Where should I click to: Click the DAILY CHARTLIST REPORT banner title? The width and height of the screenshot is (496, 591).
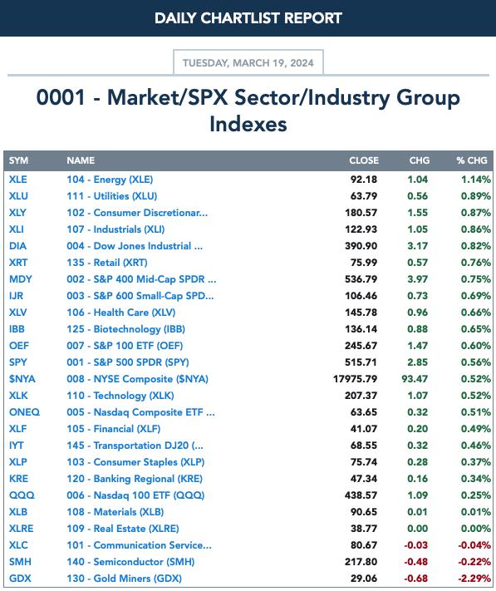click(x=248, y=18)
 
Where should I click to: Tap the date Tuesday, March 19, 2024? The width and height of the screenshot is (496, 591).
click(x=248, y=62)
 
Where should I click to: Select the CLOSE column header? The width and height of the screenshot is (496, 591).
click(x=364, y=160)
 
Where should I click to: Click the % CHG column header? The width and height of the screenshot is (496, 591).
click(x=472, y=160)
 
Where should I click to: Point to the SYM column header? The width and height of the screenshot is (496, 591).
click(x=18, y=160)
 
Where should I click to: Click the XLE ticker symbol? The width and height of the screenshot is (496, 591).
click(x=18, y=180)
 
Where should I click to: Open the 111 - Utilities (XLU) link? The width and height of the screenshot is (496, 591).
click(x=112, y=196)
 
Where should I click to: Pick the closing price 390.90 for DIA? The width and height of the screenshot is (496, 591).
click(x=361, y=246)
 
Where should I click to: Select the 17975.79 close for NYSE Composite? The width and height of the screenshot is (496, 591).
click(x=355, y=379)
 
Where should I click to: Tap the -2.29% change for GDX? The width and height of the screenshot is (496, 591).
click(x=474, y=579)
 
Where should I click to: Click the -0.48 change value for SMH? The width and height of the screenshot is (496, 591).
click(x=415, y=562)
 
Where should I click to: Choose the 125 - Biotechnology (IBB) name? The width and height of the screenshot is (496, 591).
click(x=125, y=329)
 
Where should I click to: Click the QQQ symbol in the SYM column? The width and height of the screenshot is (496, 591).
click(x=22, y=495)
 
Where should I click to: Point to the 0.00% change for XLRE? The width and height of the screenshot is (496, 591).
click(x=476, y=529)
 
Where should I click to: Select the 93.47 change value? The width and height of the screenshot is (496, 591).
click(x=415, y=379)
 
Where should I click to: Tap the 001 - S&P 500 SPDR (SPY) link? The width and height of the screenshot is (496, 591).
click(x=128, y=362)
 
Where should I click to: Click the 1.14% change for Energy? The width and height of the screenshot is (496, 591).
click(x=476, y=180)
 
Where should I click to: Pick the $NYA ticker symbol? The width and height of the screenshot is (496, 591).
click(x=22, y=379)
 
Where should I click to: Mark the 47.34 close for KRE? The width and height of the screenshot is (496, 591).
click(x=363, y=479)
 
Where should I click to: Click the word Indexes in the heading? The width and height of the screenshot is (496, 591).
click(x=248, y=125)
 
